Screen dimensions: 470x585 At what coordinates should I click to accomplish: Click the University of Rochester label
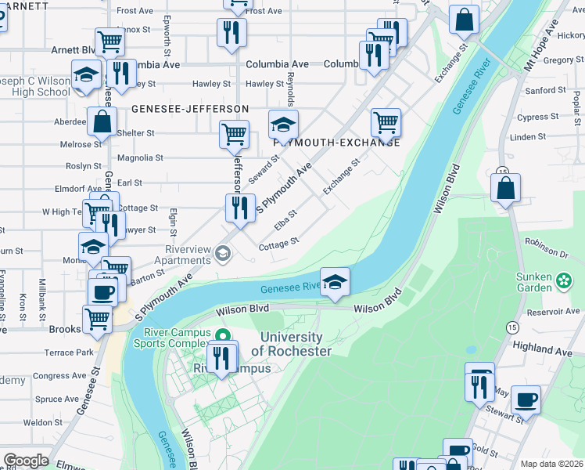tap(291, 343)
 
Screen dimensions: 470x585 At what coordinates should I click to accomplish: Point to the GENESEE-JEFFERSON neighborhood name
tap(190, 109)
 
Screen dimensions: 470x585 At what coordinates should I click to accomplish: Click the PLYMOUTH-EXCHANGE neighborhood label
tap(337, 143)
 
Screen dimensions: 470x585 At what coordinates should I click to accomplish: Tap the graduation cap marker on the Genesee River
tap(335, 283)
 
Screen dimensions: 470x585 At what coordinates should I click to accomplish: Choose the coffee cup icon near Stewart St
tap(525, 399)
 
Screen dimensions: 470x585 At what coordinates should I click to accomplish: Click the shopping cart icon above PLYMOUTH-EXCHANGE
tap(386, 121)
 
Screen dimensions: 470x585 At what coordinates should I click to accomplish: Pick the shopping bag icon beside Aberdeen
tap(102, 121)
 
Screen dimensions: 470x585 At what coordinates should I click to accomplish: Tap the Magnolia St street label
tap(139, 157)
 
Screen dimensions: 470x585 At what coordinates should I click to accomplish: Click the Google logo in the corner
tap(26, 460)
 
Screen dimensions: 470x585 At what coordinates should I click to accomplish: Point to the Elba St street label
tap(285, 220)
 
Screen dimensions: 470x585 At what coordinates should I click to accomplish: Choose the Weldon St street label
tap(42, 422)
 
